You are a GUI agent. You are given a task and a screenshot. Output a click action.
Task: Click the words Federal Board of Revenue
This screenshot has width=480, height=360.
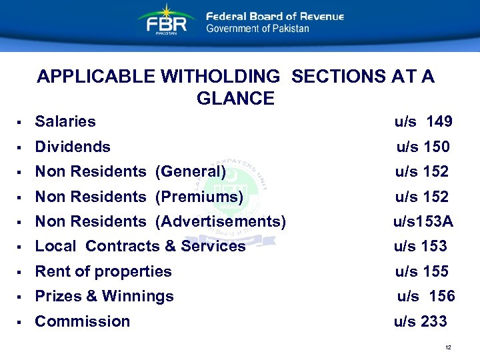(275, 16)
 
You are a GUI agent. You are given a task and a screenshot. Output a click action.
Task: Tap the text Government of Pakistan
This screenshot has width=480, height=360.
(257, 29)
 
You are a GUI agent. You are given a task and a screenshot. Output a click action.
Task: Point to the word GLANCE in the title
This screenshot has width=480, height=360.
(235, 99)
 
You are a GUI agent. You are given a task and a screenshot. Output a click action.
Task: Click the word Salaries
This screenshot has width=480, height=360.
(65, 121)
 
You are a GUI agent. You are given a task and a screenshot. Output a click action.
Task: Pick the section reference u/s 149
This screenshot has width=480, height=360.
(423, 121)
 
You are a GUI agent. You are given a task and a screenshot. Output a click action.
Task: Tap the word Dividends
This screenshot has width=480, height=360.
(73, 147)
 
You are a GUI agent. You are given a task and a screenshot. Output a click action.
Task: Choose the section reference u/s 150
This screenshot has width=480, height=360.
(423, 147)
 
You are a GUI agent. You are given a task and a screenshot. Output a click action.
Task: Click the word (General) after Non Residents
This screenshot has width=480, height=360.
(190, 171)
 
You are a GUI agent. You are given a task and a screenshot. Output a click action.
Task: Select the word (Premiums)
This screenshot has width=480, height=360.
(199, 197)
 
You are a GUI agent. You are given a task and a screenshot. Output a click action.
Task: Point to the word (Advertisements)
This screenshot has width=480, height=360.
(220, 221)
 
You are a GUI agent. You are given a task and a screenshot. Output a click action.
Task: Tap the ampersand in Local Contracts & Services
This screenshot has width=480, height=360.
(169, 246)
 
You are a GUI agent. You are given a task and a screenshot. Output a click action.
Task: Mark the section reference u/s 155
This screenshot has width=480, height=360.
(421, 271)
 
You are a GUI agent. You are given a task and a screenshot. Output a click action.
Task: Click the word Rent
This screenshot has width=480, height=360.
(50, 271)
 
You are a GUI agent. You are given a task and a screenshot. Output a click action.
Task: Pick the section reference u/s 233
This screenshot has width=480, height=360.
(420, 321)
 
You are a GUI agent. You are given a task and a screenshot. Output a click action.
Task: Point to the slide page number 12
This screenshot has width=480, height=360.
(448, 348)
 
